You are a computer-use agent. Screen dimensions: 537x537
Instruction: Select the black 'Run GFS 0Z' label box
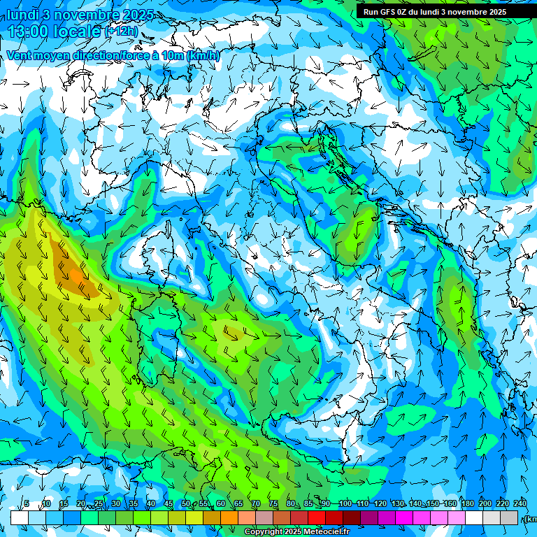[x=434, y=11]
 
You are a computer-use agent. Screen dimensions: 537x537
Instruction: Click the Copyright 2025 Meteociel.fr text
[x=296, y=532]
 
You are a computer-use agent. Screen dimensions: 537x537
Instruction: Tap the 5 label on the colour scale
[x=27, y=503]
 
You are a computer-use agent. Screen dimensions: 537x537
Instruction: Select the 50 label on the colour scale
[x=185, y=503]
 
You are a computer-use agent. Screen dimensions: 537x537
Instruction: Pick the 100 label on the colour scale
[x=345, y=503]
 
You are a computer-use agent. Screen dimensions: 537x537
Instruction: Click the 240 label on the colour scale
[x=520, y=503]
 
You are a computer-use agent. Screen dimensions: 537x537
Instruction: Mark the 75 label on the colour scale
[x=273, y=503]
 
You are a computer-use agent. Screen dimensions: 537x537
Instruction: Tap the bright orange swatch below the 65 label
[x=229, y=517]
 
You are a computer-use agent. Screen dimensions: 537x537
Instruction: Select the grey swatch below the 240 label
[x=509, y=517]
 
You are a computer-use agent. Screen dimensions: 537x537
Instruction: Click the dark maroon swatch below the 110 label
[x=352, y=517]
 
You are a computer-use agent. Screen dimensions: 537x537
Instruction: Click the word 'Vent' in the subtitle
[x=19, y=55]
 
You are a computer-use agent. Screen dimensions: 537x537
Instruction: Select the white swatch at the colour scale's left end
[x=19, y=517]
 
